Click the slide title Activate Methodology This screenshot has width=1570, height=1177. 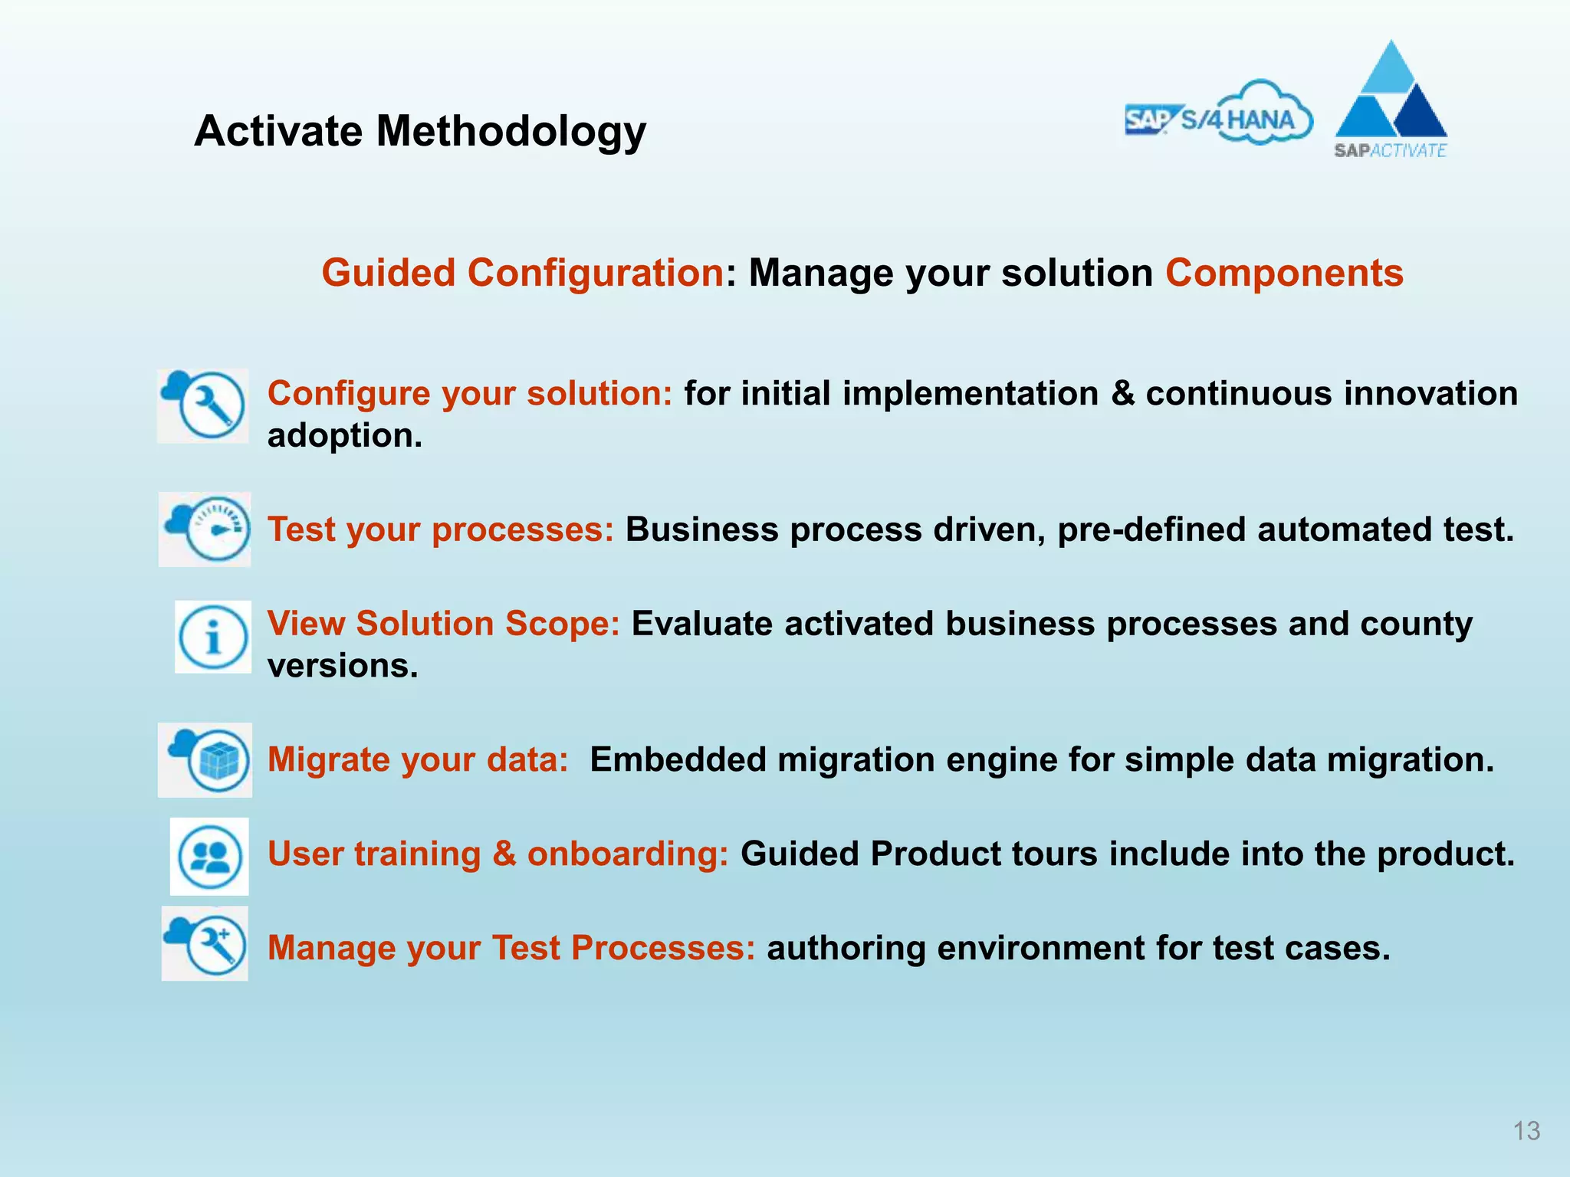(420, 131)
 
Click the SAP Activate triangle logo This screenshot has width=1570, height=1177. (1391, 100)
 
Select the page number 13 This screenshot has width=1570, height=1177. (1526, 1131)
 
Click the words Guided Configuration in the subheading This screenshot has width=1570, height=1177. (522, 273)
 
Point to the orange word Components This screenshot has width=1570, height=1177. (1284, 273)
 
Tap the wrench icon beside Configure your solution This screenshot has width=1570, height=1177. (204, 405)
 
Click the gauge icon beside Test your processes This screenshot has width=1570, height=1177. (205, 529)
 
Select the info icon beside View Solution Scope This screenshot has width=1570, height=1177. (213, 637)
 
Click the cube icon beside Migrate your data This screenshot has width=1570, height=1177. (205, 759)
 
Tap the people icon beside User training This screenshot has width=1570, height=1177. (209, 856)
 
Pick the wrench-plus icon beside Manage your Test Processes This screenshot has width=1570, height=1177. (205, 943)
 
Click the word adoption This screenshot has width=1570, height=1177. (344, 436)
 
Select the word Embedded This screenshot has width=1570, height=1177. (678, 759)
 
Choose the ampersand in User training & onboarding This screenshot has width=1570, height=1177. (504, 854)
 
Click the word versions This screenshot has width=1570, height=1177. (342, 665)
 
